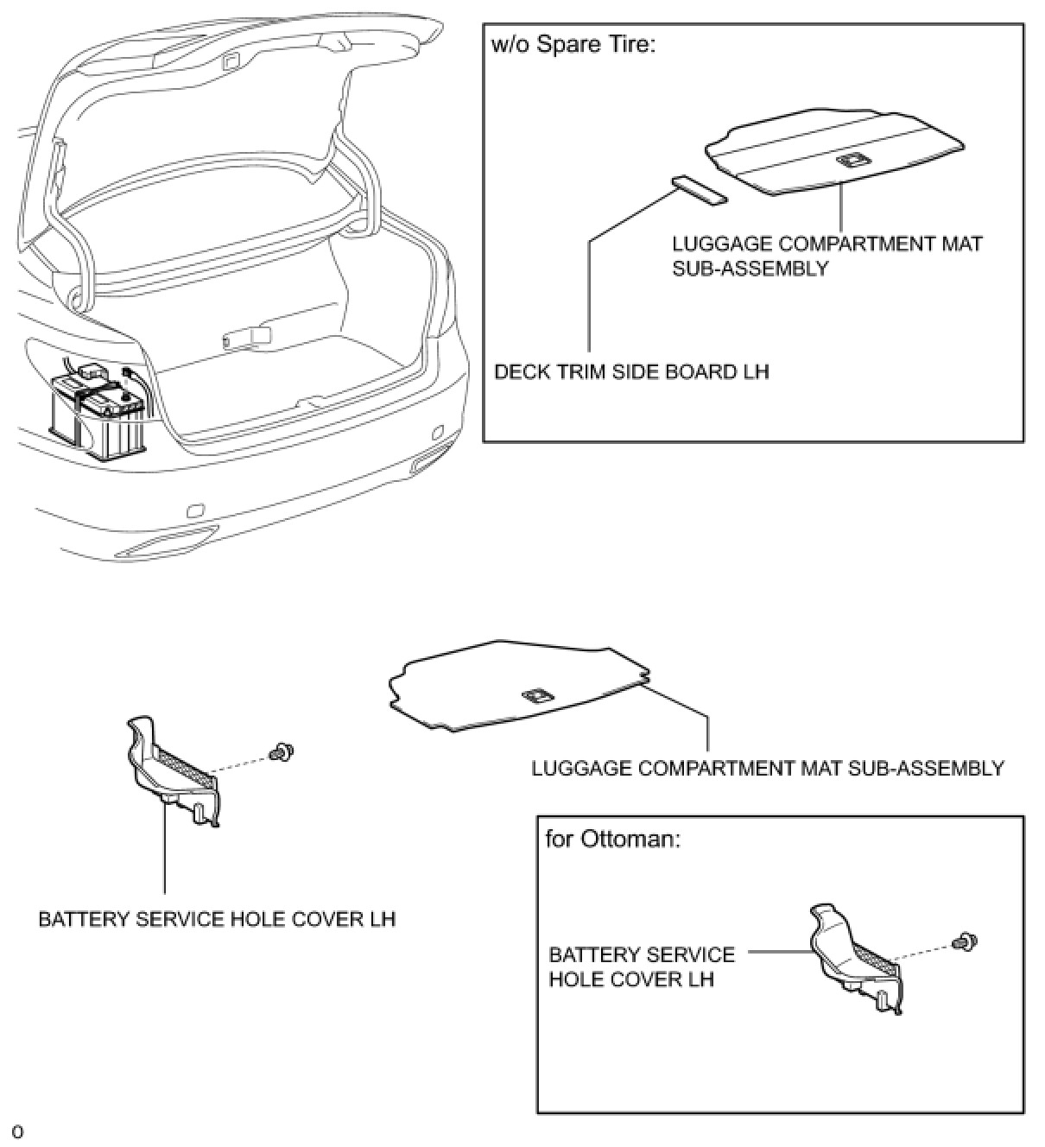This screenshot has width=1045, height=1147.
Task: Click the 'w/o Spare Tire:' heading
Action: [x=573, y=44]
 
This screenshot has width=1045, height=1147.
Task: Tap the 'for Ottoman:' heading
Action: [x=612, y=839]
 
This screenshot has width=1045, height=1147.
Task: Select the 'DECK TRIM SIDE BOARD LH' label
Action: [x=631, y=371]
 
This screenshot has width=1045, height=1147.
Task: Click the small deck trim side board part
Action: [x=699, y=190]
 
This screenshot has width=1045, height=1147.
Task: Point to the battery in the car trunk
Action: [x=100, y=415]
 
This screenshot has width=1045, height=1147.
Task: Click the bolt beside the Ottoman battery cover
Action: [x=959, y=941]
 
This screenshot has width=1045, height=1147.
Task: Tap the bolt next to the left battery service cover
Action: [x=278, y=753]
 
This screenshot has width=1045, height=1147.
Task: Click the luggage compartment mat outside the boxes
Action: [x=518, y=686]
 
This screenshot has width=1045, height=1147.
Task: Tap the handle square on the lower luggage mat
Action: [x=535, y=695]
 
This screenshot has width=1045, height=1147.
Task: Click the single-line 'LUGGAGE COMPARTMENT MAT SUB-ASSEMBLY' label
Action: [x=768, y=768]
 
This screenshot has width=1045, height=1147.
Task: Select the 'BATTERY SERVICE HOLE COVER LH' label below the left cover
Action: [x=217, y=918]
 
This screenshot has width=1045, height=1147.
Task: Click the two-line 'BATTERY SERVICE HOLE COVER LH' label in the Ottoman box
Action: [x=642, y=967]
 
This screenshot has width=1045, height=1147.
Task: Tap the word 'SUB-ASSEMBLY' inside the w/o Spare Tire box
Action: [x=750, y=268]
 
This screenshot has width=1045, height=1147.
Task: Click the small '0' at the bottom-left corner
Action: [x=17, y=1132]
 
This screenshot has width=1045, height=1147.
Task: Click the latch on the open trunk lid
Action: [x=230, y=61]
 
